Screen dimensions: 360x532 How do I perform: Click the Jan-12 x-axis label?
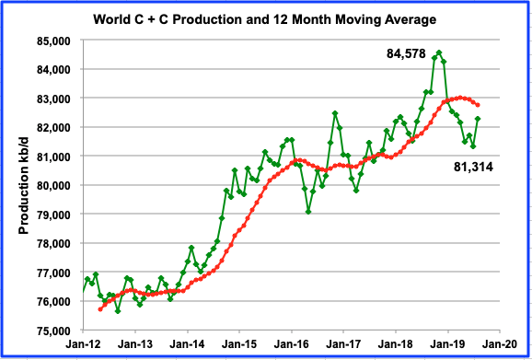point(84,344)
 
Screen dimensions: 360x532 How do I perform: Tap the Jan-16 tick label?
point(292,344)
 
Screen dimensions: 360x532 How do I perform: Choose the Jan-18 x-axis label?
point(396,344)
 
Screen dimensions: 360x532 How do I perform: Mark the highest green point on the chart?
point(439,52)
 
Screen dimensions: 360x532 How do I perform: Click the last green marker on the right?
point(478,118)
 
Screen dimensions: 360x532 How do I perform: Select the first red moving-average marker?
point(99,309)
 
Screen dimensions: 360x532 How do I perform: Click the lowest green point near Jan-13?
point(118,311)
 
